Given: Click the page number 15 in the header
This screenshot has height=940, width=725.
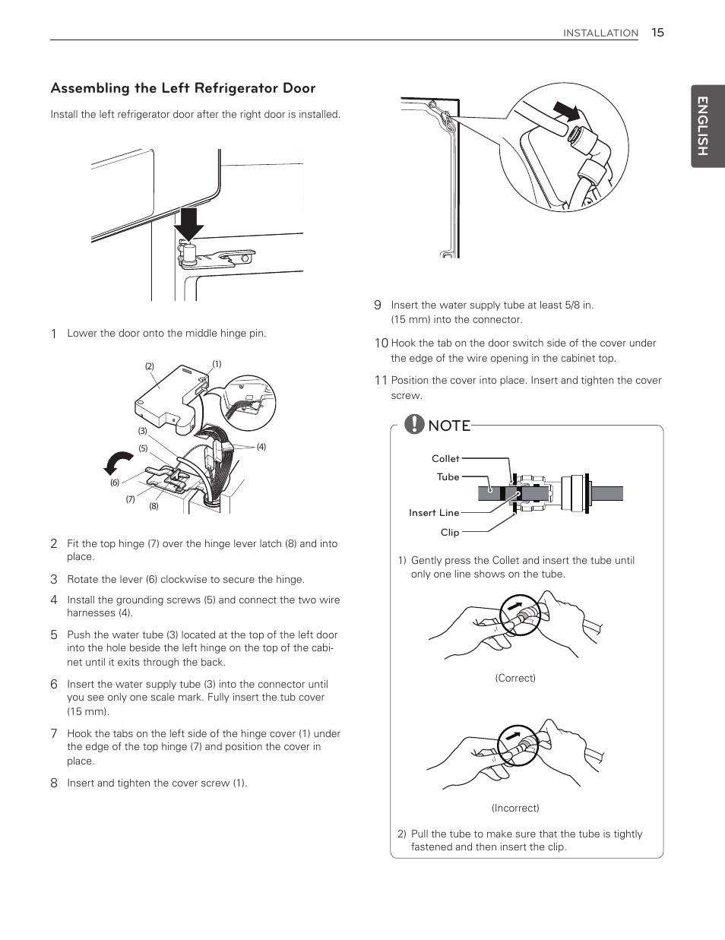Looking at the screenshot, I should pyautogui.click(x=657, y=32).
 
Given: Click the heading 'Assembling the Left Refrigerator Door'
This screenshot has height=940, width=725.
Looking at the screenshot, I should pyautogui.click(x=183, y=88).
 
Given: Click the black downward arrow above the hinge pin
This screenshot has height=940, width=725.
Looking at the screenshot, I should pyautogui.click(x=188, y=223).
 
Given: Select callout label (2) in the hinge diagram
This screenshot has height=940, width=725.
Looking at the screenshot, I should pyautogui.click(x=150, y=366).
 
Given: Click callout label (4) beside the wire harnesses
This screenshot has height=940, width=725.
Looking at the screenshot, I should pyautogui.click(x=261, y=447).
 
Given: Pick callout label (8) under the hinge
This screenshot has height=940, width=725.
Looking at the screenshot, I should pyautogui.click(x=154, y=506).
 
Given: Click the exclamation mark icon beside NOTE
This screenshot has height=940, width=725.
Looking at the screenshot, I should pyautogui.click(x=414, y=424).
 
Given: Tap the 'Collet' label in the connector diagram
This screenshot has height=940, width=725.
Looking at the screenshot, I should pyautogui.click(x=445, y=458).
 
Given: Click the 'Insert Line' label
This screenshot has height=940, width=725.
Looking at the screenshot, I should pyautogui.click(x=434, y=513).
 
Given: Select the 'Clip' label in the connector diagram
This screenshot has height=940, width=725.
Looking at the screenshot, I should pyautogui.click(x=450, y=533).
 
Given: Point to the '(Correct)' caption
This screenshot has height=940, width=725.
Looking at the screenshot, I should pyautogui.click(x=515, y=678).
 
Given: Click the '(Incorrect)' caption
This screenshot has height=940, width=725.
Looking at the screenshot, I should pyautogui.click(x=515, y=808).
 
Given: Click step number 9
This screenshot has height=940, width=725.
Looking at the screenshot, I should pyautogui.click(x=377, y=305).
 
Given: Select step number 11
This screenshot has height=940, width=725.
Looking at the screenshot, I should pyautogui.click(x=381, y=381).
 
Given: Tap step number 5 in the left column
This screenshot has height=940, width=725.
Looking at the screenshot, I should pyautogui.click(x=54, y=635).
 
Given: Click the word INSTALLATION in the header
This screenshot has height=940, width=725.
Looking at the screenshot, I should pyautogui.click(x=600, y=33).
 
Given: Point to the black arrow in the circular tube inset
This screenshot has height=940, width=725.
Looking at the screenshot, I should pyautogui.click(x=566, y=112).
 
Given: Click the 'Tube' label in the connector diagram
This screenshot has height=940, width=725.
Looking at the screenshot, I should pyautogui.click(x=448, y=477).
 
